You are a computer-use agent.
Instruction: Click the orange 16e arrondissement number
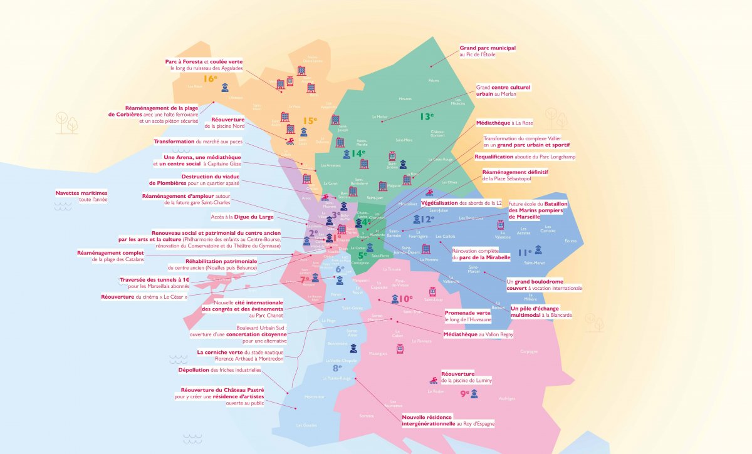coord(210,79)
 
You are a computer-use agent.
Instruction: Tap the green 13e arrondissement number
coord(427,116)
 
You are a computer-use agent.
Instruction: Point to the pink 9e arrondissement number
coord(464,393)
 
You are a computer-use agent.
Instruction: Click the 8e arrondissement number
coord(337,369)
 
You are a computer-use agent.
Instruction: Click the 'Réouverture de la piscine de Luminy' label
coord(466,377)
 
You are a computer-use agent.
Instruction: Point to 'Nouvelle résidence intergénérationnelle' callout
coord(447,420)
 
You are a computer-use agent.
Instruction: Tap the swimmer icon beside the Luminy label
coord(433,380)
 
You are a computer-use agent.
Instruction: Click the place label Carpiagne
coord(529,351)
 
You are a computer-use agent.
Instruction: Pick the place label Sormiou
coord(367,416)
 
